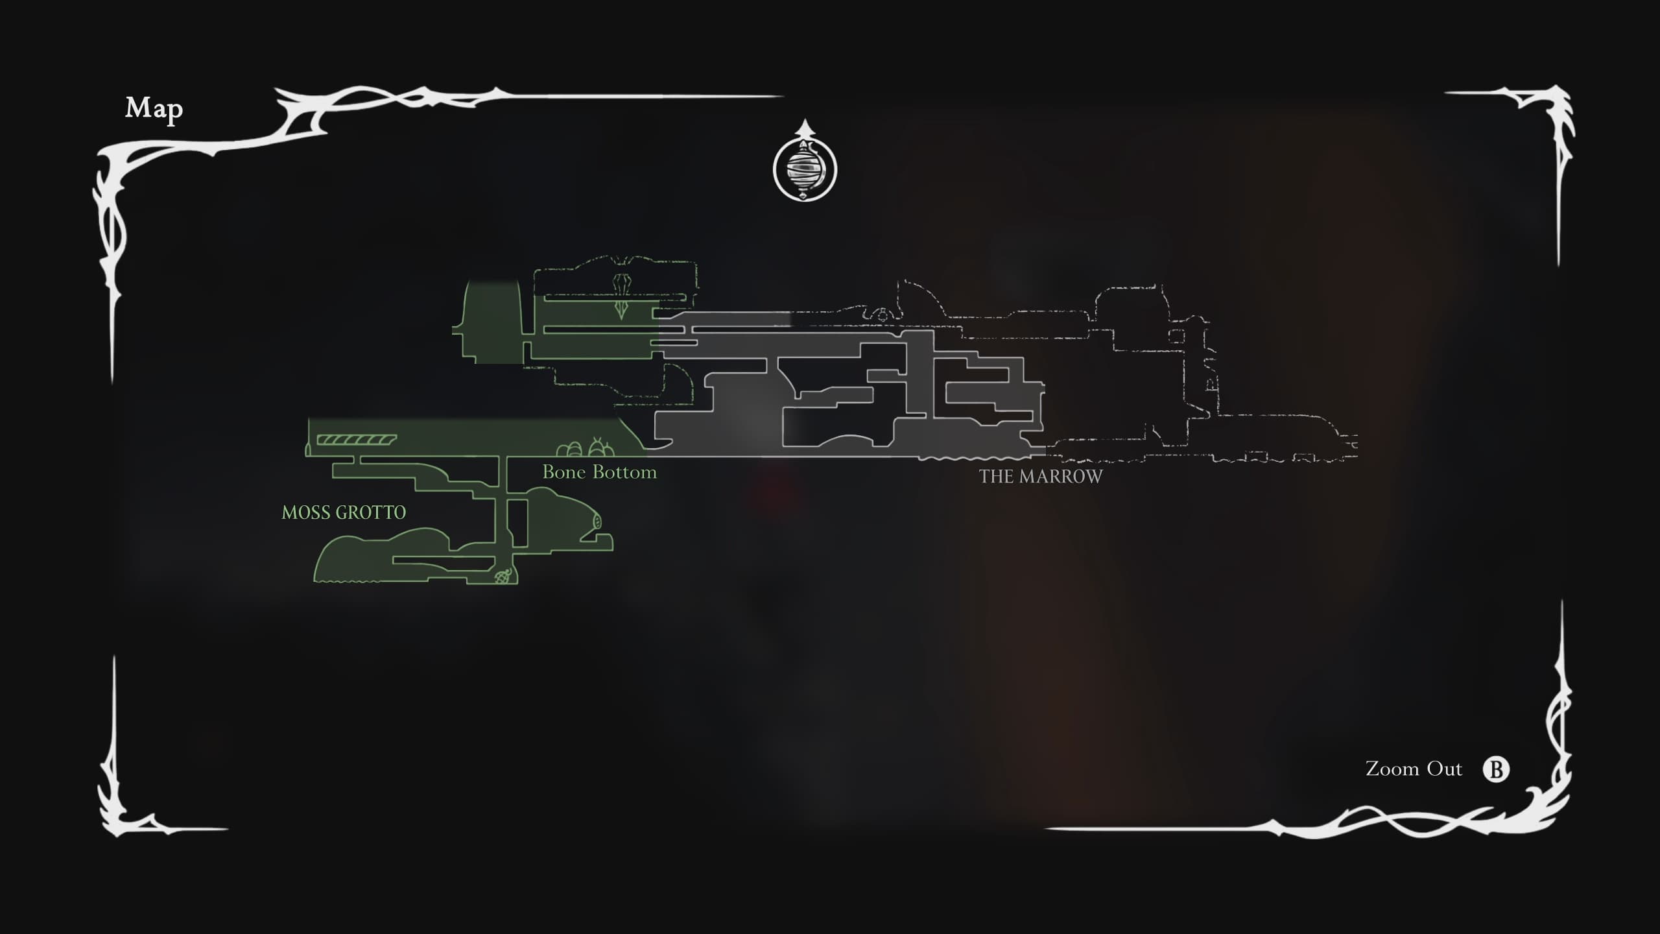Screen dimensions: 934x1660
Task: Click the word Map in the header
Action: [x=154, y=108]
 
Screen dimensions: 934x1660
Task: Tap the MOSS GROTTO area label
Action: [x=344, y=512]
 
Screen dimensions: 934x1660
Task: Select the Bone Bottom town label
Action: [x=599, y=472]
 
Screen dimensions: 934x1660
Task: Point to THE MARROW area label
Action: [x=1041, y=477]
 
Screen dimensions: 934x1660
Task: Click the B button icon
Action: [x=1496, y=769]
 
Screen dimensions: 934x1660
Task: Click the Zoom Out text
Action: [x=1414, y=769]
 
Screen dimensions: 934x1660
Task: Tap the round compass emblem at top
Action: [x=805, y=169]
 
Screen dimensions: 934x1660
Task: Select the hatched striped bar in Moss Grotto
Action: [x=356, y=440]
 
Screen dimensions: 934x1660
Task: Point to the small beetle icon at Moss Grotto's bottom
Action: [x=503, y=576]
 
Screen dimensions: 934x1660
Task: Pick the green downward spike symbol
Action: [x=621, y=309]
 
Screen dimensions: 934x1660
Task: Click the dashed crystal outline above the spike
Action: [x=622, y=283]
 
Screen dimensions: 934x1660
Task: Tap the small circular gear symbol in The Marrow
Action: [x=882, y=316]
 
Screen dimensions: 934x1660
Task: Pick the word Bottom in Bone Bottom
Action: [x=626, y=472]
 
